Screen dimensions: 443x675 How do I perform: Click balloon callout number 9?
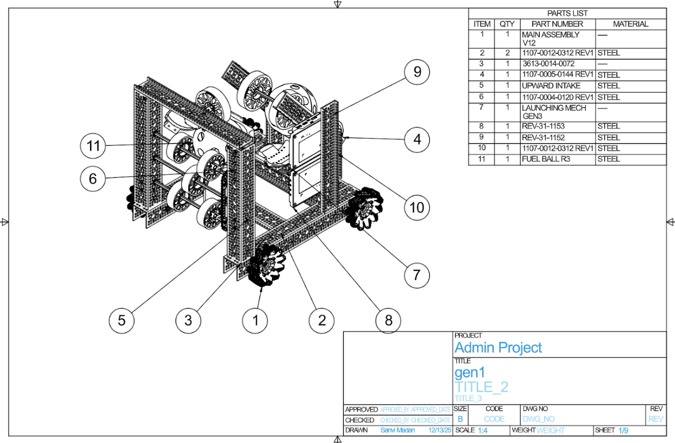point(417,72)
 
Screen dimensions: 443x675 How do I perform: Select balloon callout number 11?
point(93,146)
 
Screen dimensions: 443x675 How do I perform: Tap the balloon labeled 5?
point(121,320)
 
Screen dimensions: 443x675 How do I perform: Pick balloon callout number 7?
point(417,275)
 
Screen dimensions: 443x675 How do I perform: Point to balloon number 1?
point(256,320)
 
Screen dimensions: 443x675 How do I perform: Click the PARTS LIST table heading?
point(567,13)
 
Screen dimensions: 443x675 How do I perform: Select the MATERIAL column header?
point(630,24)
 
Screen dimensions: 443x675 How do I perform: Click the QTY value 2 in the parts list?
point(507,53)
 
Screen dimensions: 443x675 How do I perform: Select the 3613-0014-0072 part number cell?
point(548,64)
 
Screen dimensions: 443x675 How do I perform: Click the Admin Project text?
point(498,347)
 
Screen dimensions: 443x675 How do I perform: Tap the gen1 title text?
point(469,372)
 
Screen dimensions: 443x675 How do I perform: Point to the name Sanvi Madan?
point(398,430)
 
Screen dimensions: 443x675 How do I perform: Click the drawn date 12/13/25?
point(439,430)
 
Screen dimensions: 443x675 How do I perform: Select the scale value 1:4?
point(483,431)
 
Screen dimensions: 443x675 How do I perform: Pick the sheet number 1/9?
point(623,431)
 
